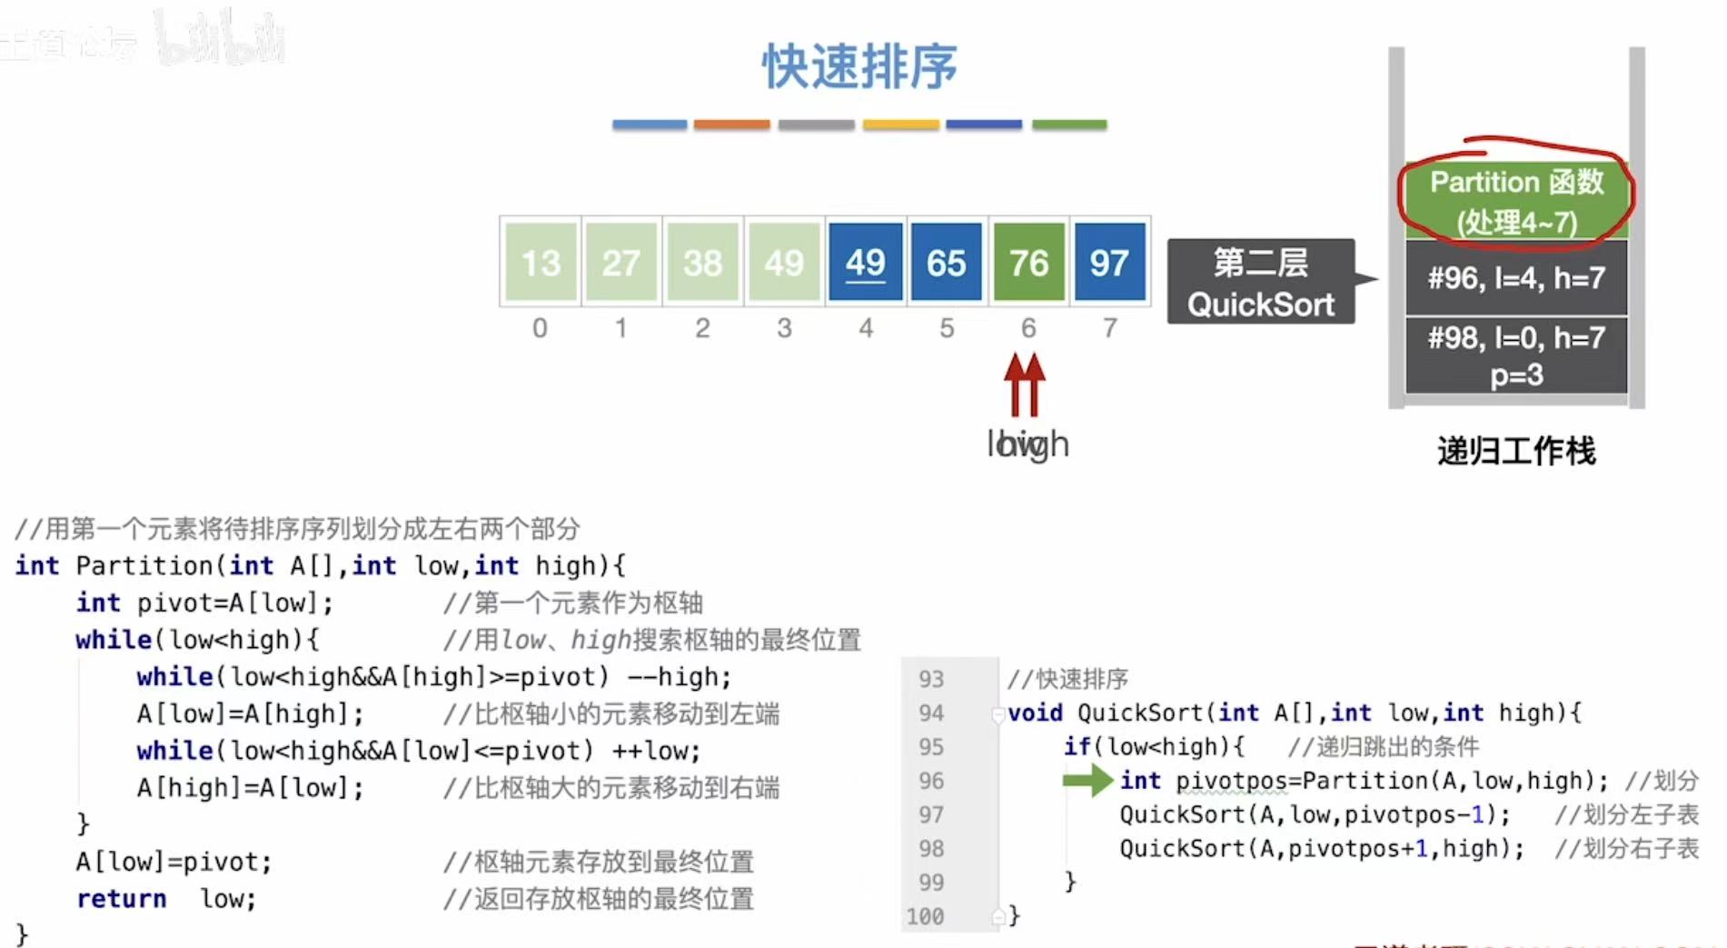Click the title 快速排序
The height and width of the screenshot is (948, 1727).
point(859,66)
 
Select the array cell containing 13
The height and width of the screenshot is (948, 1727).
point(541,262)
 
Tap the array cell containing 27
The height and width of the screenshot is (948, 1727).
point(621,262)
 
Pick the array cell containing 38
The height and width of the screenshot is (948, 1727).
point(702,262)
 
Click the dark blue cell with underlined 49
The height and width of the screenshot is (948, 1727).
point(865,262)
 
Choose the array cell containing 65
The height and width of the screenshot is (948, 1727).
point(946,262)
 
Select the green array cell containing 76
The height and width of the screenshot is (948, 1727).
point(1028,262)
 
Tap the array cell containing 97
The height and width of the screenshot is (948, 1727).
point(1109,262)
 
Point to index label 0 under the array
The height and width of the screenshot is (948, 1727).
point(540,328)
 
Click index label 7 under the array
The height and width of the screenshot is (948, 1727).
point(1110,328)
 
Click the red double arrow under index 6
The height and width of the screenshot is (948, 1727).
point(1025,384)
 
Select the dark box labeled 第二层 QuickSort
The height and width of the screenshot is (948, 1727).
point(1261,282)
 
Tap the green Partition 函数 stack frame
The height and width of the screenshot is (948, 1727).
point(1516,201)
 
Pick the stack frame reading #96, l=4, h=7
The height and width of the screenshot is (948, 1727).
point(1516,277)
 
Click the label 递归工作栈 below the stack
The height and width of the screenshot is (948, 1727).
point(1515,451)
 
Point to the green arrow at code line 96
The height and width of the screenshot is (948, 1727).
point(1087,780)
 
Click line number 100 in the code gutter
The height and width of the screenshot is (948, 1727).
point(925,916)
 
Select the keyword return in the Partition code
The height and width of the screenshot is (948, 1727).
point(122,899)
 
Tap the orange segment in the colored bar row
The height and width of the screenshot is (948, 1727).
point(731,125)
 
